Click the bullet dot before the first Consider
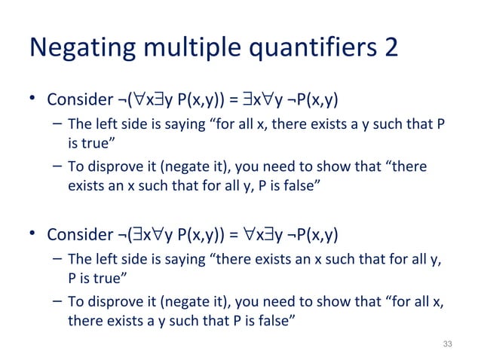click(33, 99)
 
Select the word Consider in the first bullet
click(75, 100)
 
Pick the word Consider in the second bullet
click(75, 236)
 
